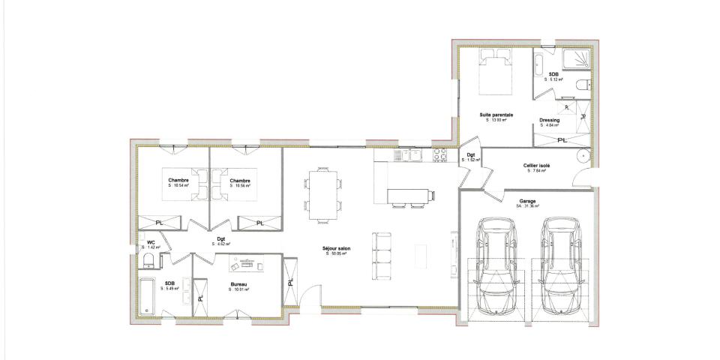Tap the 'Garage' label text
pos(526,201)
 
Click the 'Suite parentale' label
pos(496,115)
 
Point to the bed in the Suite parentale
pos(495,71)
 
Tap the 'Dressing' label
pos(550,120)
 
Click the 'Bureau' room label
pos(239,284)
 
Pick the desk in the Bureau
pos(247,263)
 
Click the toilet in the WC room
pos(148,260)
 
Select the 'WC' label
pos(151,242)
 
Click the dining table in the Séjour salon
pos(323,194)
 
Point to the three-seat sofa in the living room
pos(382,254)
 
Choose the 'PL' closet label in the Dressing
pos(561,139)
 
